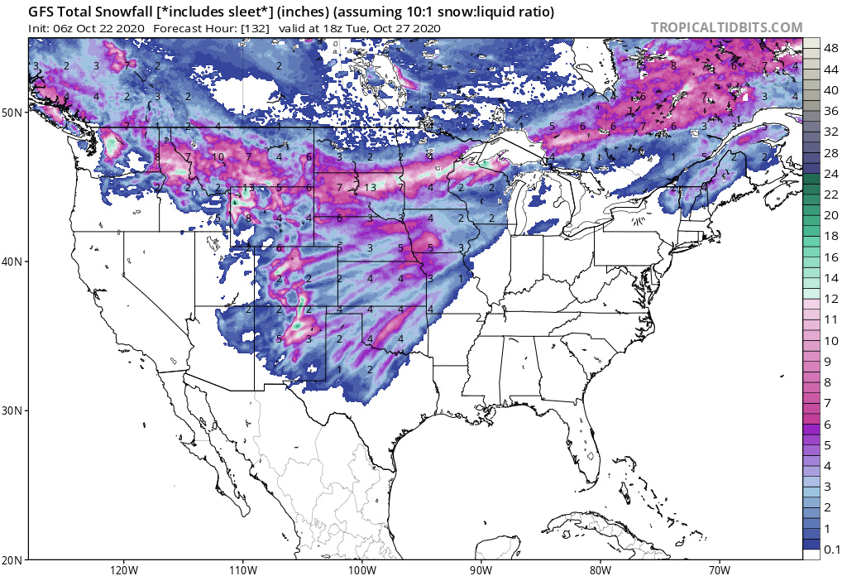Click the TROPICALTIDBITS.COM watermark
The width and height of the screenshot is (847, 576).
tap(726, 27)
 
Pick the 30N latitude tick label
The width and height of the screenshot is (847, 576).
tap(15, 410)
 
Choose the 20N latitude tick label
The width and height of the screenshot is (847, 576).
tap(15, 559)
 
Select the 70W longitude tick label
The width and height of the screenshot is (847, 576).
tap(719, 569)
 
